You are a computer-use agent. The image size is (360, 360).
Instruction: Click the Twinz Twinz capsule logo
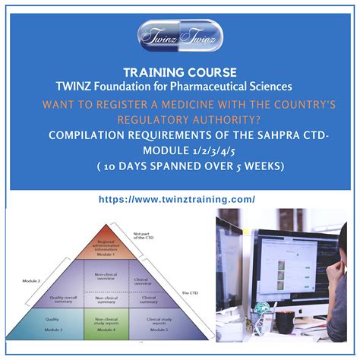click(x=179, y=36)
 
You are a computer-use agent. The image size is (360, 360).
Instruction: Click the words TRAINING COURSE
click(x=179, y=73)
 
